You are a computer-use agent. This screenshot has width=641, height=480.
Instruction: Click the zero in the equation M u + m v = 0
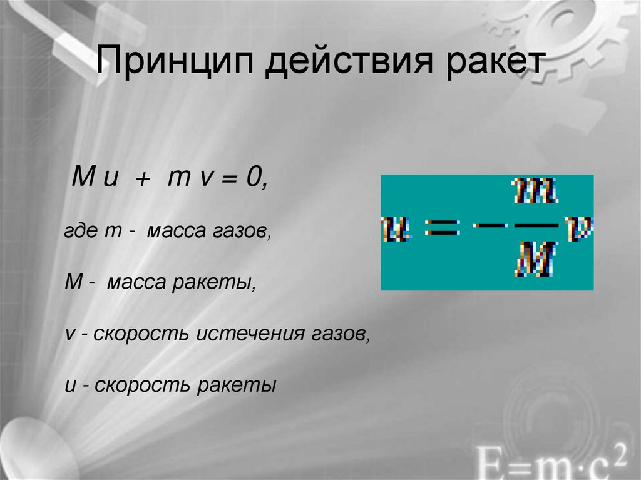[256, 178]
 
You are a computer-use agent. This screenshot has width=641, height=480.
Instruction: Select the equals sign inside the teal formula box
[443, 228]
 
